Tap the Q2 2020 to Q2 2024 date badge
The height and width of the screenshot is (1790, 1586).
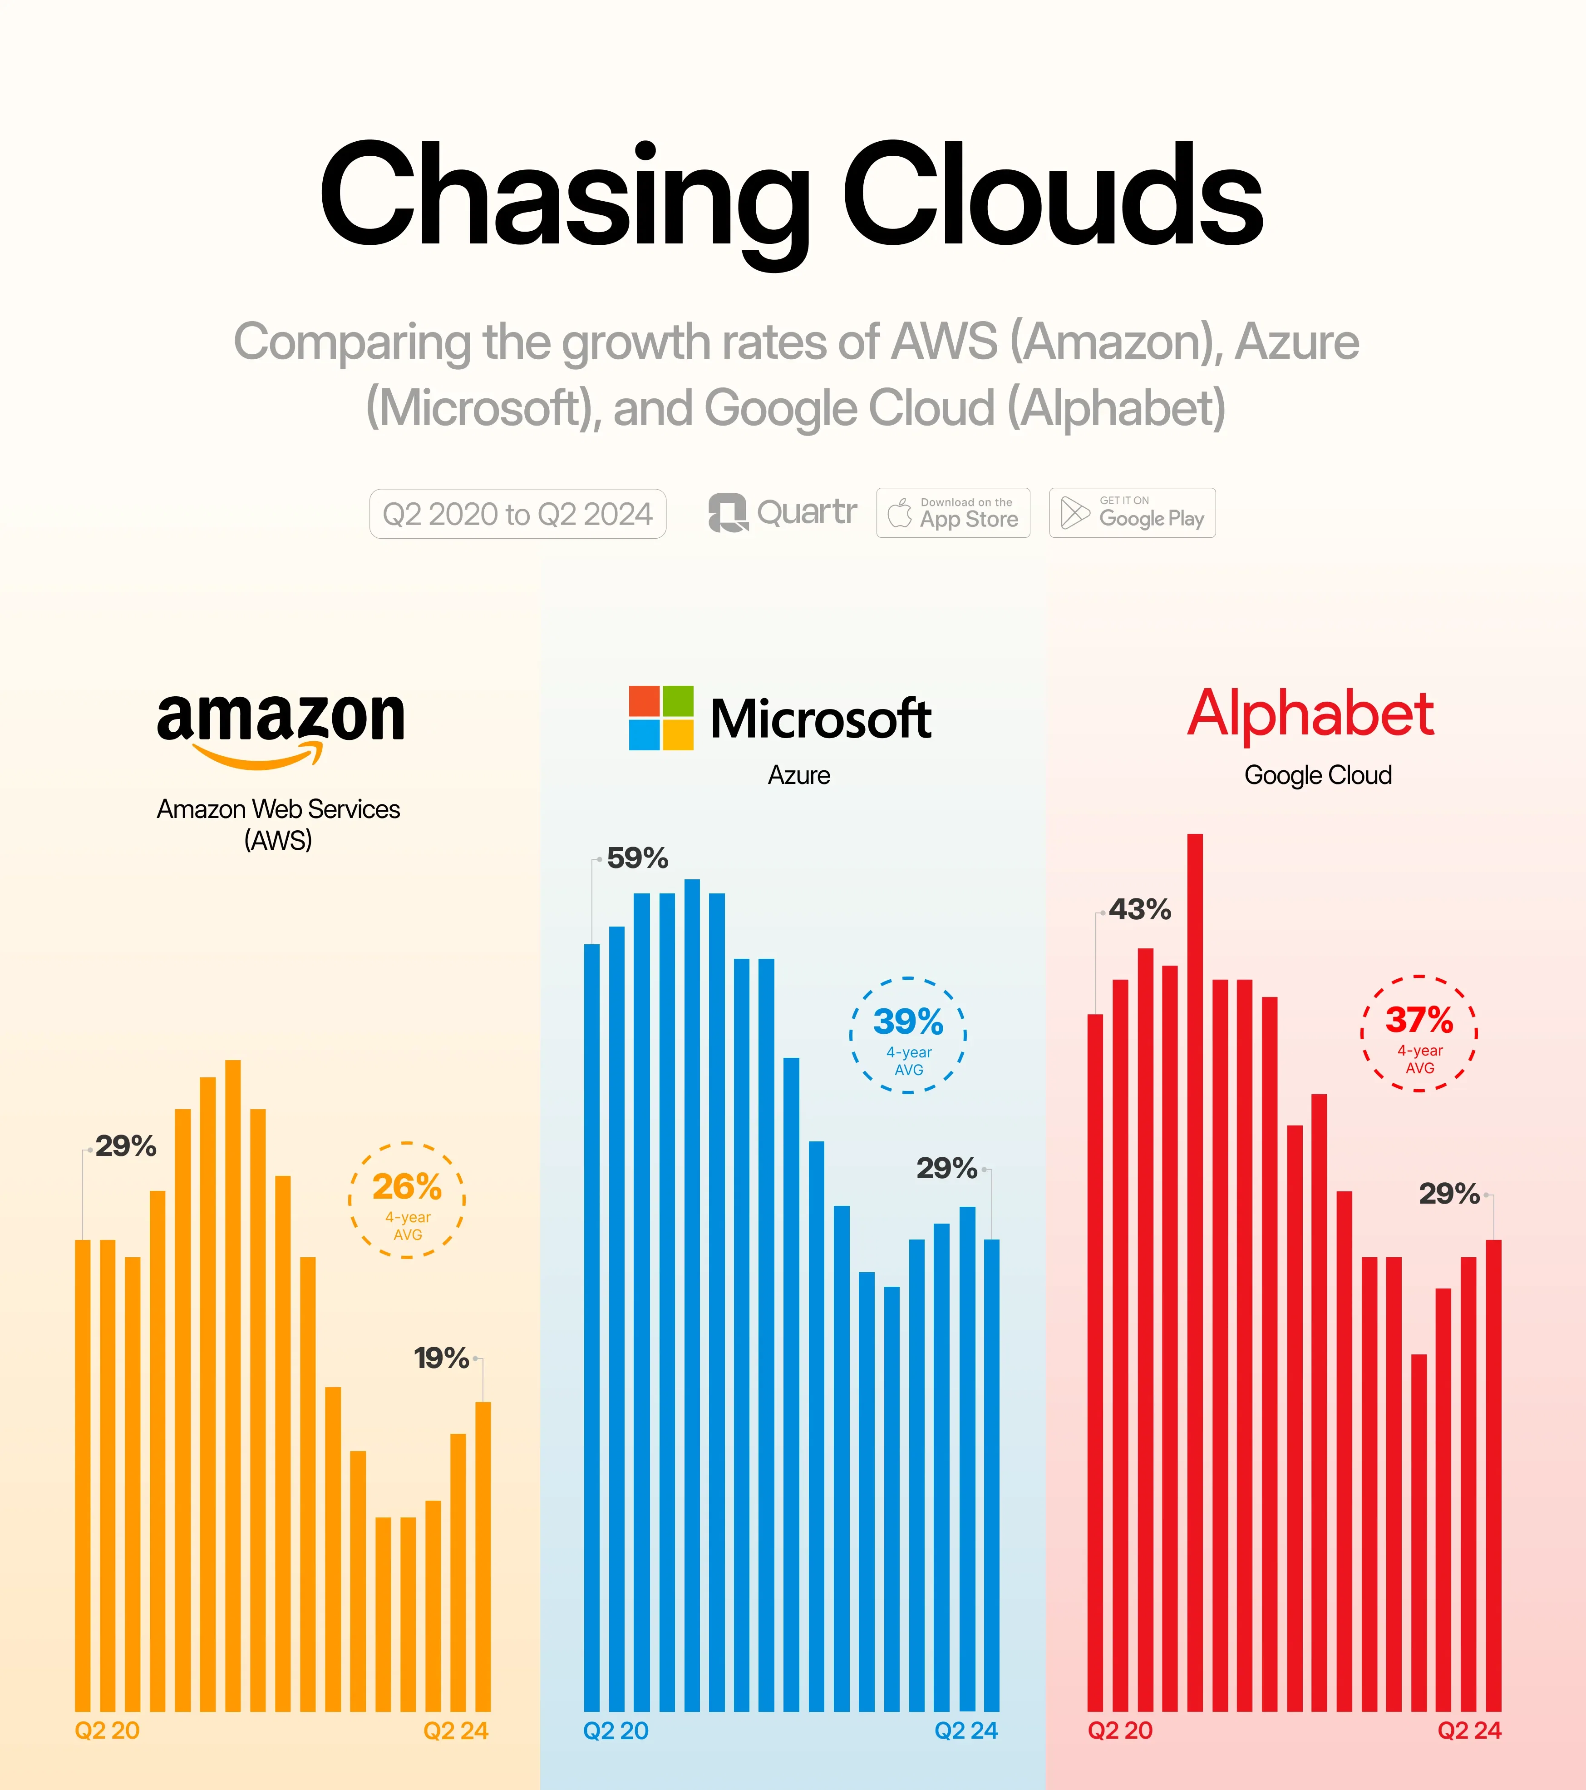click(x=517, y=514)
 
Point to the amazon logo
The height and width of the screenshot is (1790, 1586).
click(x=280, y=727)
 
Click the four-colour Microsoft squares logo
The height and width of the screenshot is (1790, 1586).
click(x=661, y=718)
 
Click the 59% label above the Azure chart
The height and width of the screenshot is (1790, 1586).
click(x=637, y=858)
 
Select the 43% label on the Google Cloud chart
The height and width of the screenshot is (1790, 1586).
click(x=1140, y=910)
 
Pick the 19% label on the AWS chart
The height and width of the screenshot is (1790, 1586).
click(x=441, y=1358)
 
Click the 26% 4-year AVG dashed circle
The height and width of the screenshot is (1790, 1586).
click(x=407, y=1200)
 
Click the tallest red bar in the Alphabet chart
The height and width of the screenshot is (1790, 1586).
click(x=1195, y=1270)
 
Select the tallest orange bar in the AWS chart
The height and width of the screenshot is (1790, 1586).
click(x=233, y=1383)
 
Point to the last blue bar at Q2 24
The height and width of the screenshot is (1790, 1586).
click(x=992, y=1471)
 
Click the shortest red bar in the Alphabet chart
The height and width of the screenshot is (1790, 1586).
click(x=1419, y=1532)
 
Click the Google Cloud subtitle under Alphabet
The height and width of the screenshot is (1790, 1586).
click(x=1317, y=775)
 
